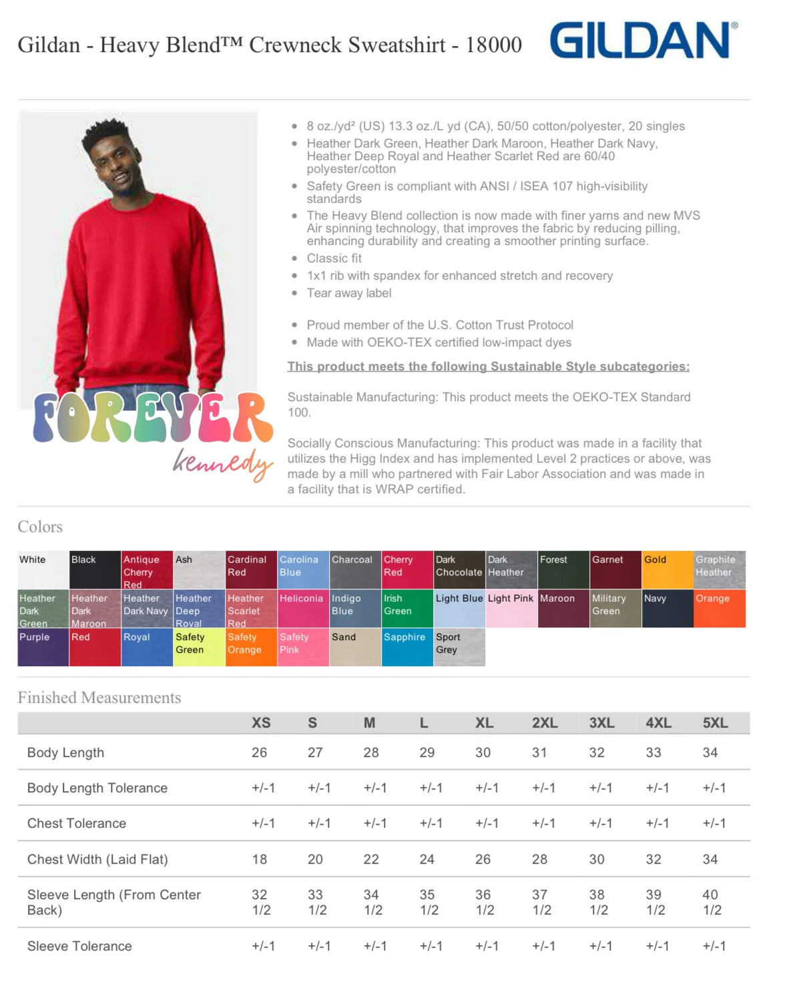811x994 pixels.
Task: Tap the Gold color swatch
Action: click(667, 569)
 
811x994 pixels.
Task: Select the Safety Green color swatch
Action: click(199, 647)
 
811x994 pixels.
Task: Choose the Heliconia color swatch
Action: click(303, 608)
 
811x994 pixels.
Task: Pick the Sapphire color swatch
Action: click(407, 647)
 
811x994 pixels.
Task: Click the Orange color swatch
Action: click(720, 608)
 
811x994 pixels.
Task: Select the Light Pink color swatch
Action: click(511, 608)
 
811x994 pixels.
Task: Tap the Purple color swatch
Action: click(43, 647)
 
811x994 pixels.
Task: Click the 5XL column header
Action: click(715, 723)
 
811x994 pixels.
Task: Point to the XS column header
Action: click(261, 723)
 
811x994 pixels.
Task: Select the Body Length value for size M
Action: click(371, 752)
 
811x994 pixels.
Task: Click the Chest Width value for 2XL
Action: click(539, 859)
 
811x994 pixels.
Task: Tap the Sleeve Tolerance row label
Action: click(79, 946)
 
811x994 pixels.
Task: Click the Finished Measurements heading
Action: click(99, 698)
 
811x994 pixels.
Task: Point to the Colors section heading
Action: click(40, 527)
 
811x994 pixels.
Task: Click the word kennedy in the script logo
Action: click(222, 462)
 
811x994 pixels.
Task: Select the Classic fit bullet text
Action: click(334, 258)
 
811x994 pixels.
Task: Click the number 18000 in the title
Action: click(493, 45)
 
